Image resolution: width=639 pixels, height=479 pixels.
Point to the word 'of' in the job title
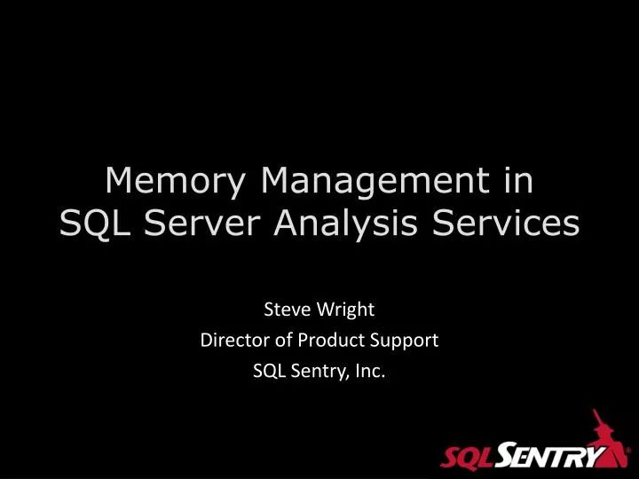click(281, 341)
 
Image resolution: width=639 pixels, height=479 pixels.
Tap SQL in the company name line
click(267, 372)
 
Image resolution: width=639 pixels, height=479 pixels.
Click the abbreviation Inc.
click(371, 372)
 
